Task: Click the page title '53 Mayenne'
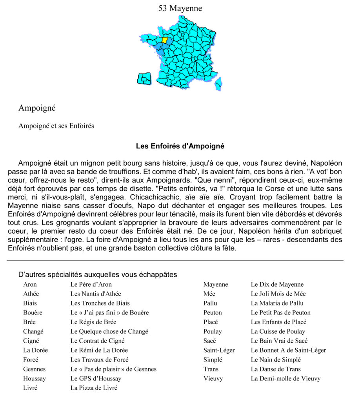point(180,8)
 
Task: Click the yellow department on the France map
point(165,40)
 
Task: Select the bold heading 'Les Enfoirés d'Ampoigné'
point(180,146)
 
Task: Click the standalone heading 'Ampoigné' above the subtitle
point(37,107)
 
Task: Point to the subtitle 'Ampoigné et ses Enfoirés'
point(56,126)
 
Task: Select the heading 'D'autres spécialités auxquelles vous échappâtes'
point(98,275)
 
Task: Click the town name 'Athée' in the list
point(31,294)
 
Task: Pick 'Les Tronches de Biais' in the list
point(100,303)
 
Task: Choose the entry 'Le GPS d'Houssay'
point(96,378)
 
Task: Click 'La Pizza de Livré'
point(94,388)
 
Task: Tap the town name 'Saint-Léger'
point(219,350)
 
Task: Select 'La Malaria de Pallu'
point(277,303)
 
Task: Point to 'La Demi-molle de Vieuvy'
point(285,378)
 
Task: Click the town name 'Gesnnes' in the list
point(34,369)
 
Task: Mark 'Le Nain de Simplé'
point(276,360)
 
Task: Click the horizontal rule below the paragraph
point(175,260)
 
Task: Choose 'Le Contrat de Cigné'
point(98,341)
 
